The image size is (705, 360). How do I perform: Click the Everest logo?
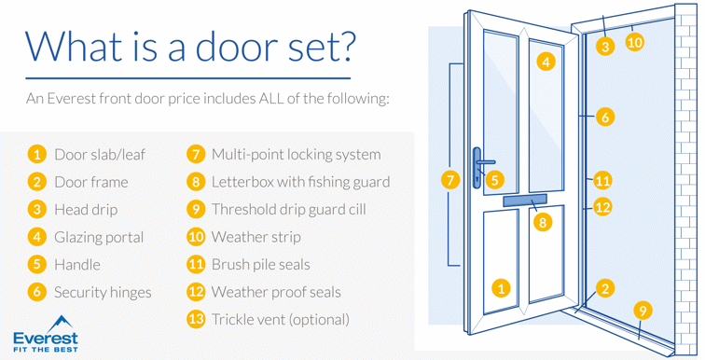[x=46, y=334]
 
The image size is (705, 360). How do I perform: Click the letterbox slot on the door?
[x=525, y=201]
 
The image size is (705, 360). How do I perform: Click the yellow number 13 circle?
[x=196, y=319]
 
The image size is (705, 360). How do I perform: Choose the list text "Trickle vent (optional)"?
[x=281, y=320]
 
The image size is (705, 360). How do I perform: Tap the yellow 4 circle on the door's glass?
[x=546, y=62]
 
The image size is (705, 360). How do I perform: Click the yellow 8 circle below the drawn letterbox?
[x=543, y=222]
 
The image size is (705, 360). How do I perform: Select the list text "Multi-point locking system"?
[x=297, y=155]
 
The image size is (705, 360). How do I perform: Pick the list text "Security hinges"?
[x=103, y=293]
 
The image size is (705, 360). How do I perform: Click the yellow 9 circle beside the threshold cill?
[x=643, y=311]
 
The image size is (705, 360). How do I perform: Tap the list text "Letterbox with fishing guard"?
[x=301, y=182]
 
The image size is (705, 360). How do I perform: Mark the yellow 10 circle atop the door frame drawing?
[x=634, y=42]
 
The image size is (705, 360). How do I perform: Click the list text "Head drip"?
[x=86, y=210]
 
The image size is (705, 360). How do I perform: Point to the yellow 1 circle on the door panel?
[x=501, y=287]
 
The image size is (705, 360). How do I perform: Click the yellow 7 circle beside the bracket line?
[x=450, y=180]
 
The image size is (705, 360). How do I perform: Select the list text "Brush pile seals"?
[x=261, y=265]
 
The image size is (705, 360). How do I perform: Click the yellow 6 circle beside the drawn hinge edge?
[x=605, y=117]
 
